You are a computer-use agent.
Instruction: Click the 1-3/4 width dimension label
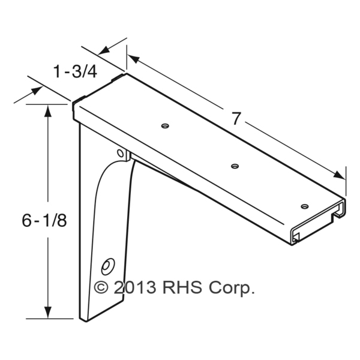coord(75,71)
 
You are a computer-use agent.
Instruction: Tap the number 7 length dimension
coord(236,118)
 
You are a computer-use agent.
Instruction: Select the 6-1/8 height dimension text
coord(44,220)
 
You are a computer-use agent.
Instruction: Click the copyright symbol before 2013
coord(101,287)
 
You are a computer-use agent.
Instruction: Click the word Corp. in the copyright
coord(232,289)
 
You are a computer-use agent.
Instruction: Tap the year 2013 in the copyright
coord(135,287)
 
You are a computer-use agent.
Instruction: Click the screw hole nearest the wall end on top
coord(165,126)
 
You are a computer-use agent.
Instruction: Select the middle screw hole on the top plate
coord(235,166)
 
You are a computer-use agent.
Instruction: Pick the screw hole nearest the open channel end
coord(305,206)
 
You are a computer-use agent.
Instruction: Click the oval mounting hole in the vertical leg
coord(108,266)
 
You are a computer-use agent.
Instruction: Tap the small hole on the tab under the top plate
coord(121,153)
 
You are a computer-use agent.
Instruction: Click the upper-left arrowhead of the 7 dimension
coord(134,59)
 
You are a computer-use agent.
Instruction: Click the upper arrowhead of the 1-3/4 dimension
coord(104,50)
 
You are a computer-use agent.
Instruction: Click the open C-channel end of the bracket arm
coord(318,221)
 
